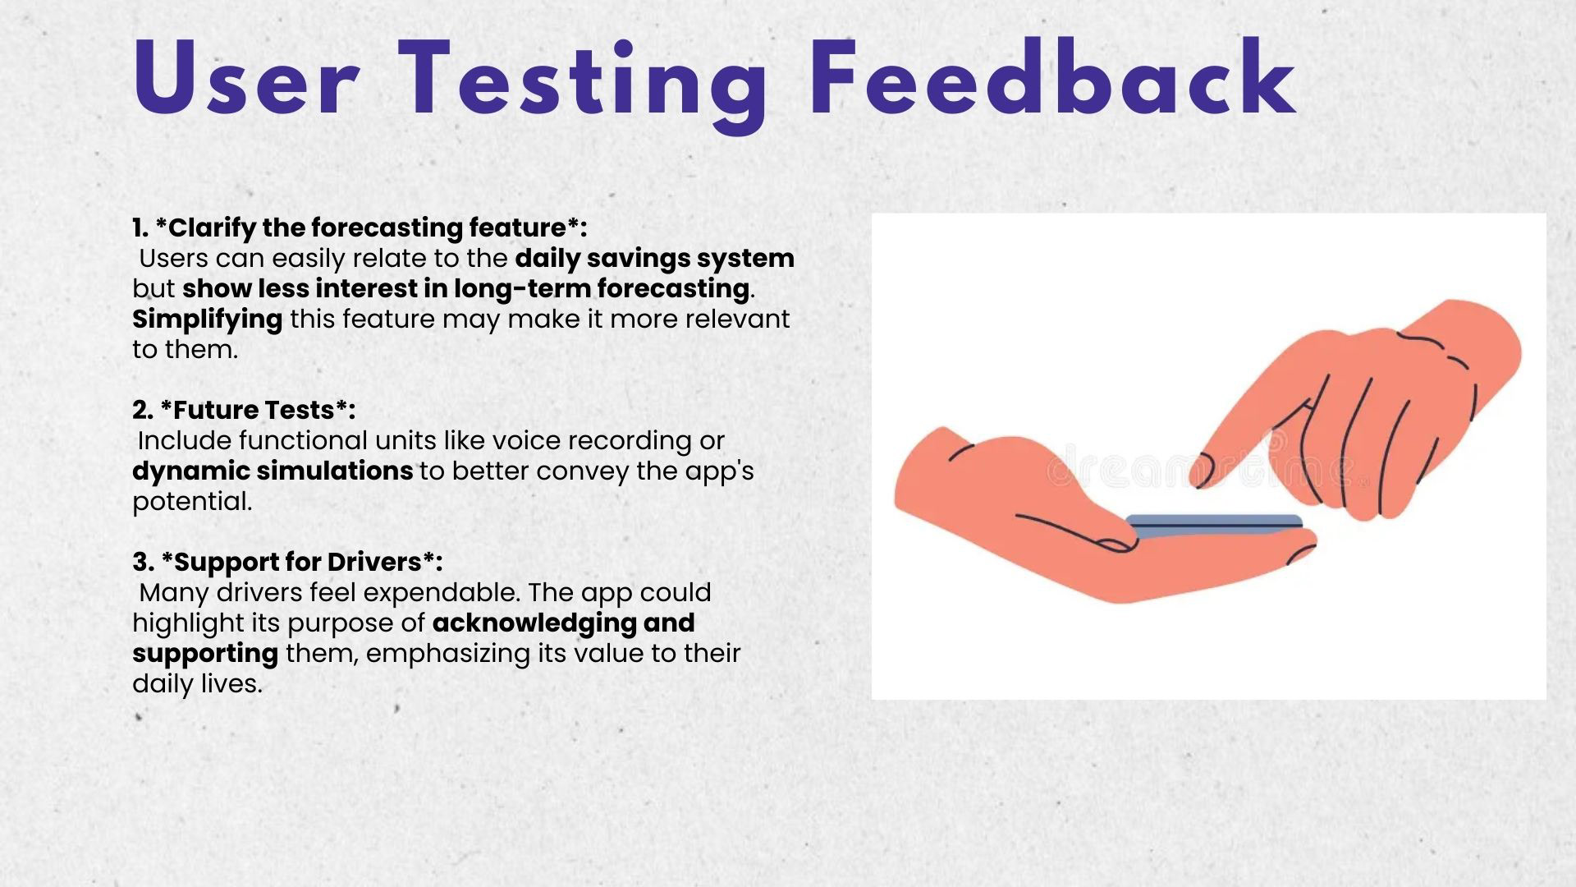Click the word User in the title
(x=245, y=80)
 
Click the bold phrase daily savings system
(x=655, y=259)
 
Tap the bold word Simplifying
(x=208, y=319)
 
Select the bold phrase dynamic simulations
(x=273, y=471)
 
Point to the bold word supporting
(x=205, y=654)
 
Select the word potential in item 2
(x=192, y=502)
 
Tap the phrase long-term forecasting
(x=601, y=289)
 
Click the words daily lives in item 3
(x=197, y=684)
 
